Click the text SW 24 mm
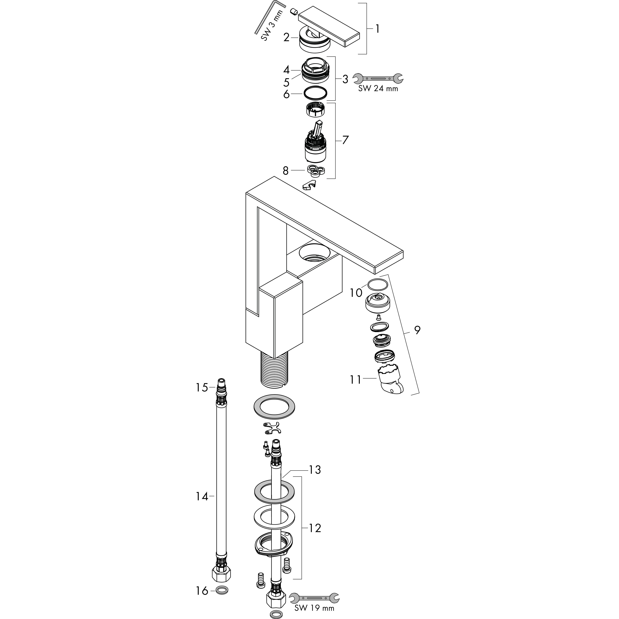(378, 88)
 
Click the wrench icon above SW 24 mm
(378, 78)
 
